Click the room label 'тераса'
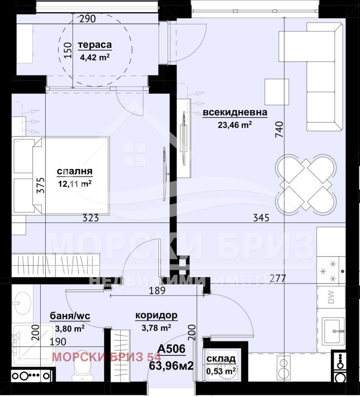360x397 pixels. click(x=95, y=45)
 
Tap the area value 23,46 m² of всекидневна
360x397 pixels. click(x=235, y=125)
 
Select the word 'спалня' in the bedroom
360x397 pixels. click(x=75, y=171)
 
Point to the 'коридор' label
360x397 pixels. click(x=156, y=316)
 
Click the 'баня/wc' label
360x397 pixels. click(x=70, y=316)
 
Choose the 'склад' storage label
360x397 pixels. click(x=221, y=359)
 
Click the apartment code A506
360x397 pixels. click(x=172, y=349)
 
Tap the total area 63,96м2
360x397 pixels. click(x=171, y=366)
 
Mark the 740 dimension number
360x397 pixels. click(x=279, y=129)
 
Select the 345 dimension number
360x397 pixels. click(x=261, y=218)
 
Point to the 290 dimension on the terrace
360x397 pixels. click(x=87, y=19)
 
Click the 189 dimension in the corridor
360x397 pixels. click(x=157, y=291)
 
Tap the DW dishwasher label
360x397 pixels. click(x=331, y=297)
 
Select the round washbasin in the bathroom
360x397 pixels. click(x=22, y=303)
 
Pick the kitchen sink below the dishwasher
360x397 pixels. click(x=333, y=331)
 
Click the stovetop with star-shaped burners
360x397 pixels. click(x=331, y=272)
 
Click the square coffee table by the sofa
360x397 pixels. click(x=277, y=92)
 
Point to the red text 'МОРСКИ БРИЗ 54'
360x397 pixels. click(x=106, y=357)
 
